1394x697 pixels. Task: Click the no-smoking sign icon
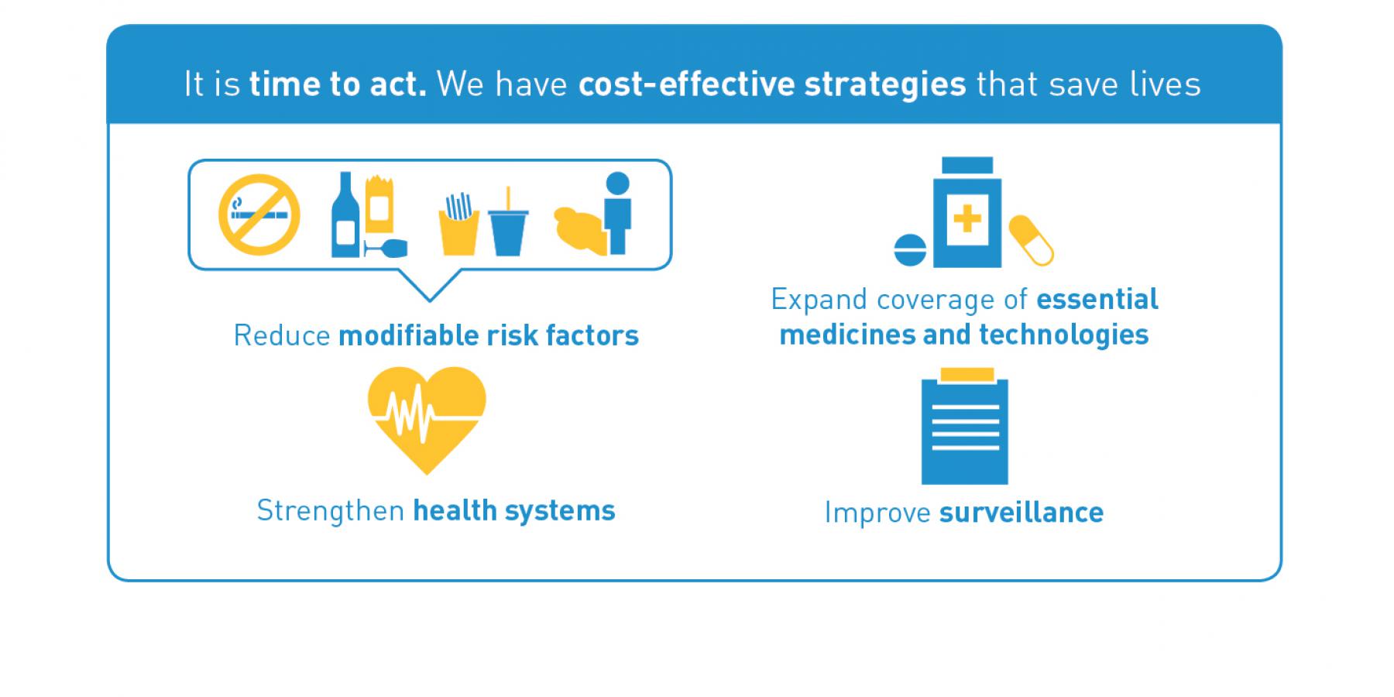pos(259,215)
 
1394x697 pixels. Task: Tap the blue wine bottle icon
pos(345,215)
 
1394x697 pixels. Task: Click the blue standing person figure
pos(618,213)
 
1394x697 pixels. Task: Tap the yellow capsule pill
pos(1032,240)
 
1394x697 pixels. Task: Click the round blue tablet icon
pos(910,250)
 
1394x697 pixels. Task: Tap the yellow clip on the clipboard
pos(966,375)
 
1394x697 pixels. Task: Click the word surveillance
pos(1021,513)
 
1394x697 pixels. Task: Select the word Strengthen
pos(331,511)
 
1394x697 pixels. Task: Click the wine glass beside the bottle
pos(386,248)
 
